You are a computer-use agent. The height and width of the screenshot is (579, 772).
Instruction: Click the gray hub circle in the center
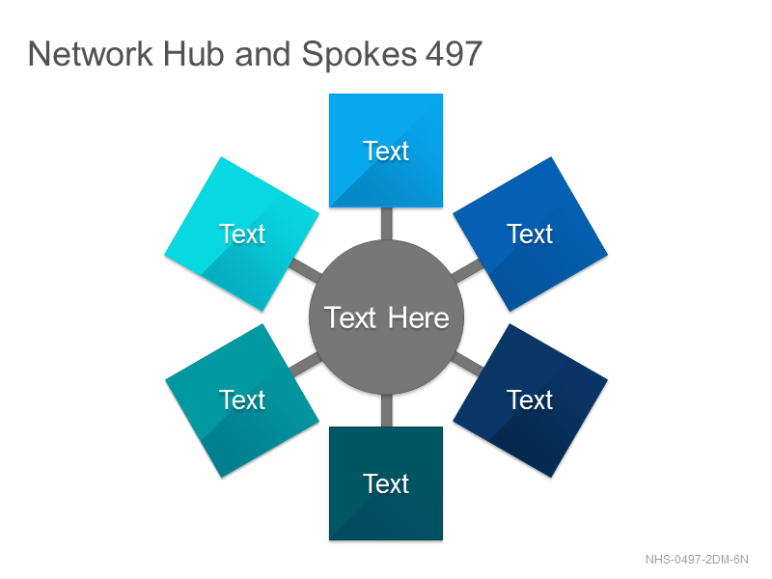(387, 317)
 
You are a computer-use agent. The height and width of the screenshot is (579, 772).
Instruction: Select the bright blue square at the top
(386, 151)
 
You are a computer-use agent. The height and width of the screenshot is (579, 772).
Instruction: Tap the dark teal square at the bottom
(386, 483)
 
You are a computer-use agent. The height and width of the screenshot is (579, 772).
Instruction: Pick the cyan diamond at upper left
(242, 234)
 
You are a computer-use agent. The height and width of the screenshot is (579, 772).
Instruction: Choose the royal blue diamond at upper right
(530, 234)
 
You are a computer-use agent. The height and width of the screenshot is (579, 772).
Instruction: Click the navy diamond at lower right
(530, 400)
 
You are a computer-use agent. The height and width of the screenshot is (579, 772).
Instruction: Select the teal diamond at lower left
(242, 400)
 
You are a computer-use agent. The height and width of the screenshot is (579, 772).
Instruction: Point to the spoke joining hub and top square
(387, 224)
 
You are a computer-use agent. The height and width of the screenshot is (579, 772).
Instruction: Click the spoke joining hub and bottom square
(387, 411)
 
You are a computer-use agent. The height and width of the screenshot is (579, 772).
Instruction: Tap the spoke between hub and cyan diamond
(306, 271)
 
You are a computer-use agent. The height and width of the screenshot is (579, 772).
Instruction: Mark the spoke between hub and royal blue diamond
(467, 271)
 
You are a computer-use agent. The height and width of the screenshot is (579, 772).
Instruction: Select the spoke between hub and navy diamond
(467, 364)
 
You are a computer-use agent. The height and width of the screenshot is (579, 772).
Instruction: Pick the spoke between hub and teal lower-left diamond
(306, 364)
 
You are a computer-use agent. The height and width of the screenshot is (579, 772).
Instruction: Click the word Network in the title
(91, 54)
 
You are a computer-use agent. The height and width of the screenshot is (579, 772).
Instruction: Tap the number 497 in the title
(454, 54)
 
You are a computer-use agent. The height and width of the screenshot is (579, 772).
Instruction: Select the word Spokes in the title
(359, 55)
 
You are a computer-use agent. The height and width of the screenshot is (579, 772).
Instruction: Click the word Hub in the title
(194, 54)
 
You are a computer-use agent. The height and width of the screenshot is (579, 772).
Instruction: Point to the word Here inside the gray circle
(419, 318)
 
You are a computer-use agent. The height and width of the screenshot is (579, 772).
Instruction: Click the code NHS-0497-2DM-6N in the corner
(697, 560)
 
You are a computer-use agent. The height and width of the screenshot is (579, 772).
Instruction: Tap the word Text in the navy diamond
(530, 400)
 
